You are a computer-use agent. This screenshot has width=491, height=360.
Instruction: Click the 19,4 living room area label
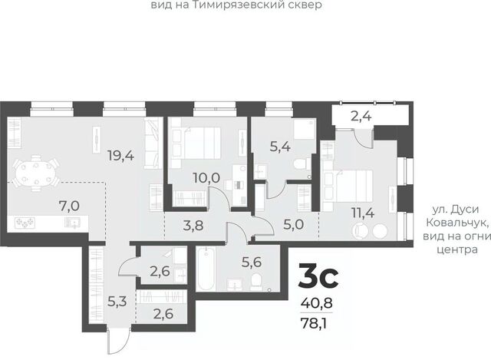120,155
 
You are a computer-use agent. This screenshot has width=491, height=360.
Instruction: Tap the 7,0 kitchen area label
69,206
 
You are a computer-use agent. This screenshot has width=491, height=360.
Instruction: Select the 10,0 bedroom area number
206,178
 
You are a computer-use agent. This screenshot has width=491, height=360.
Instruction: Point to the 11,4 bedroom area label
363,213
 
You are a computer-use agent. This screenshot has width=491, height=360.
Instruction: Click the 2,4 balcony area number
361,117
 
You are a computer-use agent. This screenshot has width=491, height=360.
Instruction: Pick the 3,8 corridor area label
193,225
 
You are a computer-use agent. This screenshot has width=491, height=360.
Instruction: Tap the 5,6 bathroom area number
252,262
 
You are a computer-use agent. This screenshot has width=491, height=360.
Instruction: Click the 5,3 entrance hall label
117,302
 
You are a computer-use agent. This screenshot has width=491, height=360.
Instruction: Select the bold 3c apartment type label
318,276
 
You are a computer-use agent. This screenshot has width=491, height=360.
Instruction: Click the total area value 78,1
314,323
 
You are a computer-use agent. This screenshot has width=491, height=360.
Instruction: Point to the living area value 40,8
316,303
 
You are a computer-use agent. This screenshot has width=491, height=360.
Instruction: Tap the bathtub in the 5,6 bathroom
206,269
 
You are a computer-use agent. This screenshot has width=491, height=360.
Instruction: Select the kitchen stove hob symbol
25,223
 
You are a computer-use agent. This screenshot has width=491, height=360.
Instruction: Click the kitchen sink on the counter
72,223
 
